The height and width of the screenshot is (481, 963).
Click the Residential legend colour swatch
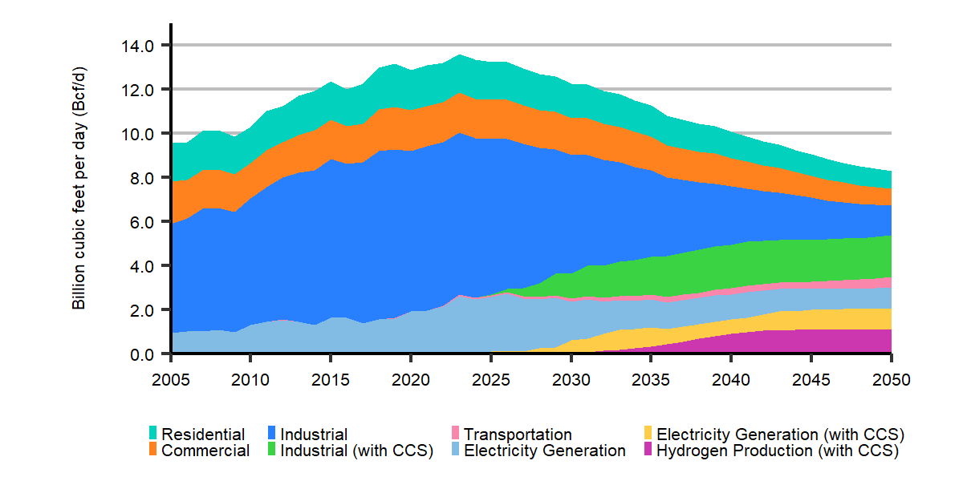pyautogui.click(x=153, y=434)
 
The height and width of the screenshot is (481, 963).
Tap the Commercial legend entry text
pyautogui.click(x=205, y=451)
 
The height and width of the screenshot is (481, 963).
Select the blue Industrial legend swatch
pyautogui.click(x=272, y=434)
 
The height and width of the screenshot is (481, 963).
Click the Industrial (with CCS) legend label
pyautogui.click(x=356, y=451)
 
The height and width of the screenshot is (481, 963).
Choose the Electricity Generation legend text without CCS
pyautogui.click(x=545, y=451)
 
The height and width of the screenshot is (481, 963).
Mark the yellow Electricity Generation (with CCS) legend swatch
pyautogui.click(x=648, y=434)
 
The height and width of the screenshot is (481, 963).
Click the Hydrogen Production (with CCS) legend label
pyautogui.click(x=777, y=451)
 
